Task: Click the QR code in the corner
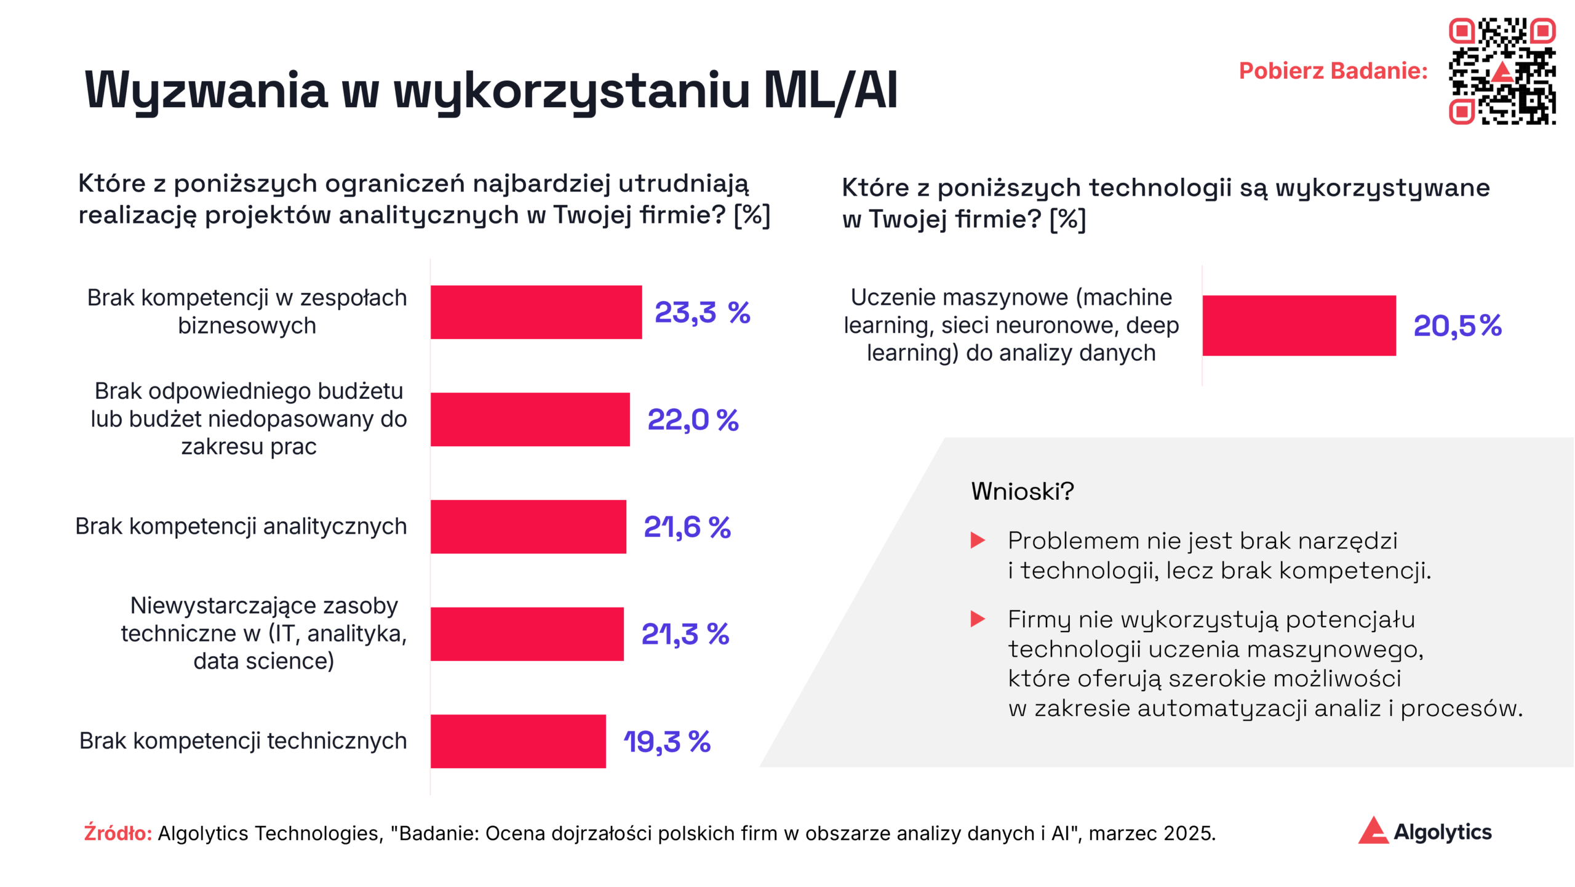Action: (1502, 71)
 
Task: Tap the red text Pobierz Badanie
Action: (1333, 71)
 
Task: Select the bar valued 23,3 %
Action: (536, 312)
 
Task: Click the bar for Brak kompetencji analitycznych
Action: (528, 527)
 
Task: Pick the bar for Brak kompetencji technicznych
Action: (518, 741)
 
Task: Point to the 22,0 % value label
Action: (693, 420)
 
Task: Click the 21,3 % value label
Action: (685, 634)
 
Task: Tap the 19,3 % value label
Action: (667, 741)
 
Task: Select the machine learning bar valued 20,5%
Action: (1299, 326)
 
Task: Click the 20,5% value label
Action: (1457, 326)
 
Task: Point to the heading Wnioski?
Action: (1022, 491)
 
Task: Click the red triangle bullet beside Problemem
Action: (978, 540)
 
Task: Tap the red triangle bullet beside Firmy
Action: (978, 619)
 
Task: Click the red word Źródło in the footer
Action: (118, 833)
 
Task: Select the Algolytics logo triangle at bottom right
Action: (1373, 831)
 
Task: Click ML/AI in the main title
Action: (830, 90)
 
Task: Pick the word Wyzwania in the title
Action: (206, 90)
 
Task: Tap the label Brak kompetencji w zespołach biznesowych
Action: (247, 311)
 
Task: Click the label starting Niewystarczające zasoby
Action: (264, 633)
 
